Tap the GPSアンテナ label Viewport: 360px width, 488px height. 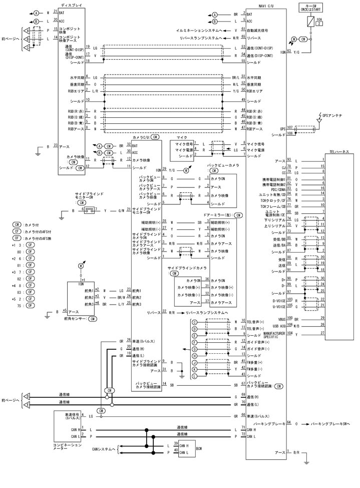[x=331, y=115]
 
